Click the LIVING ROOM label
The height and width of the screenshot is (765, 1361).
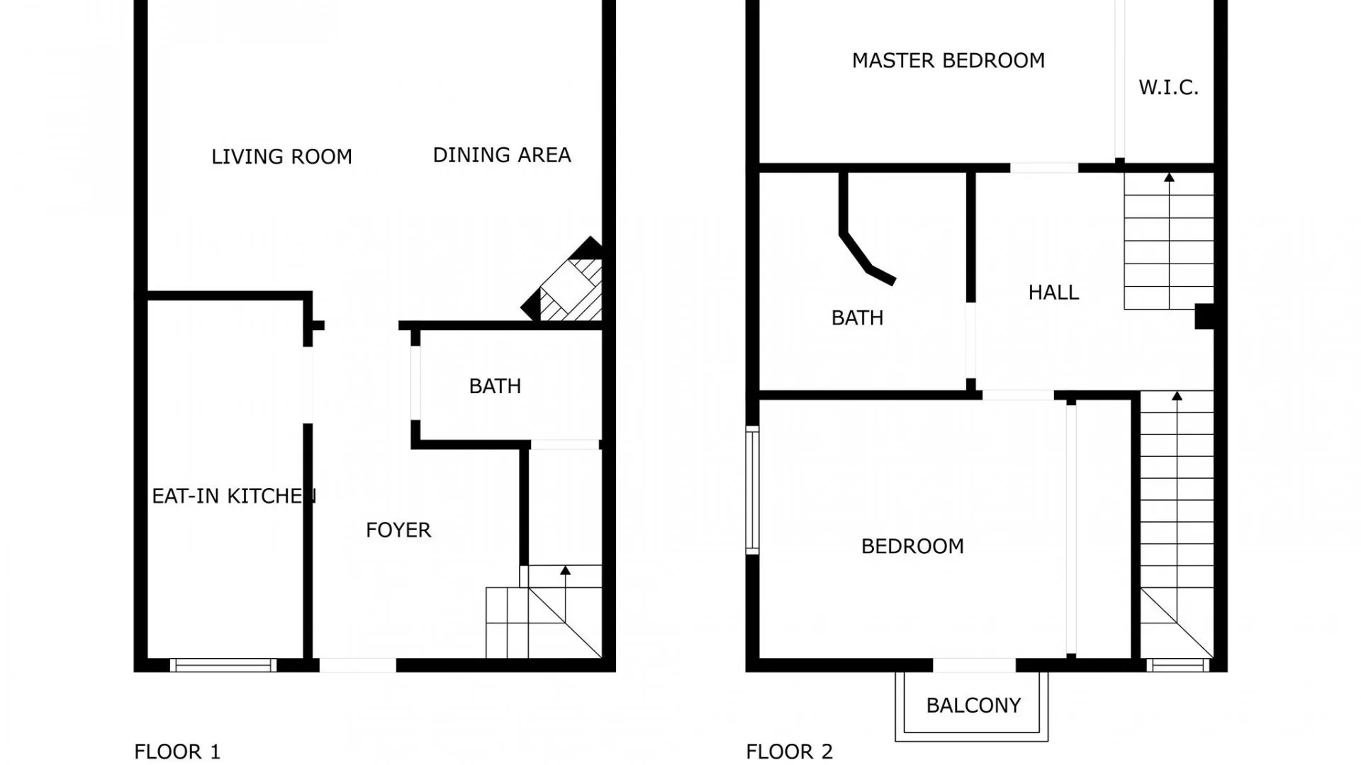tap(281, 157)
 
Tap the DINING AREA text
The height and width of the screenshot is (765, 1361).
tap(502, 155)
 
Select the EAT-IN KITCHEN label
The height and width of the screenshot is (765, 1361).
tap(233, 496)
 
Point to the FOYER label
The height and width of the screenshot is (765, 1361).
tap(398, 530)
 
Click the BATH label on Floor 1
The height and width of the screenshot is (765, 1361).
tap(495, 386)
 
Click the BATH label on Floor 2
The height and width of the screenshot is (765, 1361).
tap(857, 318)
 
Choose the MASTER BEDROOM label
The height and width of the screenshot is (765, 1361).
tap(948, 61)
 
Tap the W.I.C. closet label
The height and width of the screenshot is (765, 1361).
tap(1168, 88)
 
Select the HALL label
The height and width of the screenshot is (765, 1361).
tap(1053, 293)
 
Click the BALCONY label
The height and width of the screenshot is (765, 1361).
tap(973, 705)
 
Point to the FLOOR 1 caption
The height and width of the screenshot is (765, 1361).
tap(177, 752)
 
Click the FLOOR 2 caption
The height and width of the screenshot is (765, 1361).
tap(789, 752)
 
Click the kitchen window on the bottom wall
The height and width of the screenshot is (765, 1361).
tap(223, 665)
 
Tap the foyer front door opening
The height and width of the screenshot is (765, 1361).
tap(357, 665)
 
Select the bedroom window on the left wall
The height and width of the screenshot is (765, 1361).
tap(752, 489)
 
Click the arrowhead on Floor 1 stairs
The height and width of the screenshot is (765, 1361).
tap(565, 570)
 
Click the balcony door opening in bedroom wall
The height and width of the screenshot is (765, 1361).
tap(974, 665)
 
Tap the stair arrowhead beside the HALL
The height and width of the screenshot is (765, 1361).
tap(1169, 177)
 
